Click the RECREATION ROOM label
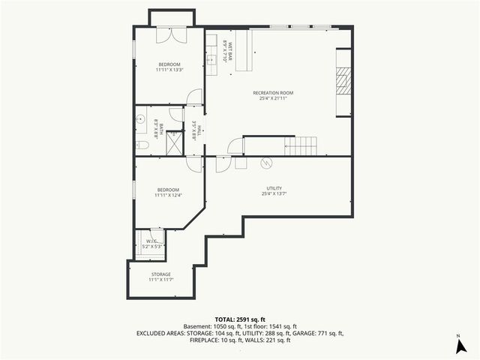pos(273,93)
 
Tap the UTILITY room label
pos(273,188)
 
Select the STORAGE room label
pos(161,274)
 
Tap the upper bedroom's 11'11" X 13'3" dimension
pos(170,70)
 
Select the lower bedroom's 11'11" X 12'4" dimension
pos(169,195)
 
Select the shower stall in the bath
pos(175,142)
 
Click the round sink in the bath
pos(140,118)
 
